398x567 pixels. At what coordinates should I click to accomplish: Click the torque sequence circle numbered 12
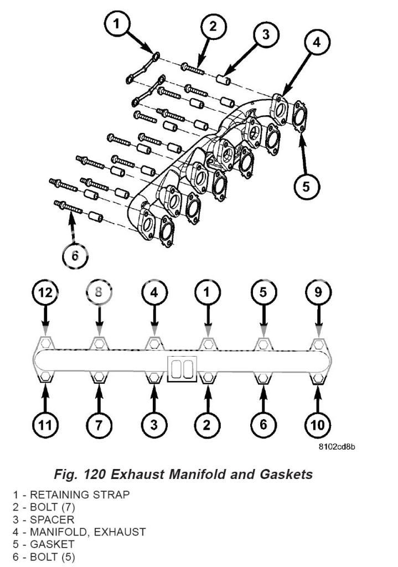(x=46, y=293)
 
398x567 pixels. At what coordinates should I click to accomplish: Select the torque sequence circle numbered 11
(x=46, y=425)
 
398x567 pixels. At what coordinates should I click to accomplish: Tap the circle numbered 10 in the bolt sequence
(x=318, y=425)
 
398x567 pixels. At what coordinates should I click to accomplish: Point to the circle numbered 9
(x=318, y=293)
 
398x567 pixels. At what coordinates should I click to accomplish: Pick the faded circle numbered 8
(x=99, y=293)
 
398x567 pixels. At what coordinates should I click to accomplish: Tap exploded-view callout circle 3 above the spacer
(x=266, y=34)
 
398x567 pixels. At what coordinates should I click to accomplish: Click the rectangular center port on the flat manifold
(x=181, y=369)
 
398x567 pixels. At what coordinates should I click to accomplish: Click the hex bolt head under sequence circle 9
(x=318, y=344)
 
